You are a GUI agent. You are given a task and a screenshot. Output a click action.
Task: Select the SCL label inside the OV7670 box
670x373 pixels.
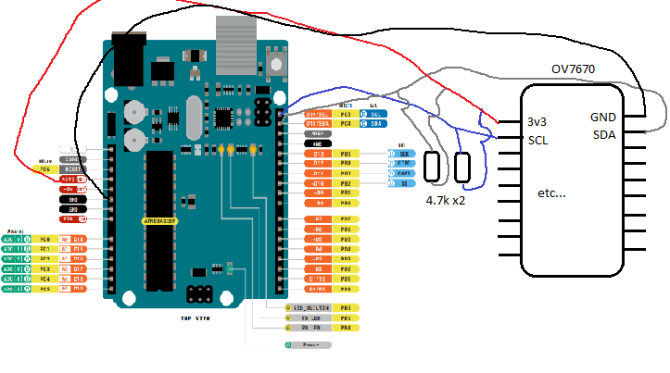(538, 140)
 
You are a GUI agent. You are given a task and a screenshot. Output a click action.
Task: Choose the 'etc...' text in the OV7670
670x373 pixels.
(554, 195)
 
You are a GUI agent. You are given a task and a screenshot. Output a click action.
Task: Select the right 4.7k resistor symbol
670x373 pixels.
(463, 168)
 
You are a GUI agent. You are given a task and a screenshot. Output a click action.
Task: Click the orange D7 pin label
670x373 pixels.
(317, 218)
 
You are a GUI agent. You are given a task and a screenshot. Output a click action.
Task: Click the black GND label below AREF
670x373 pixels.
(317, 143)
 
